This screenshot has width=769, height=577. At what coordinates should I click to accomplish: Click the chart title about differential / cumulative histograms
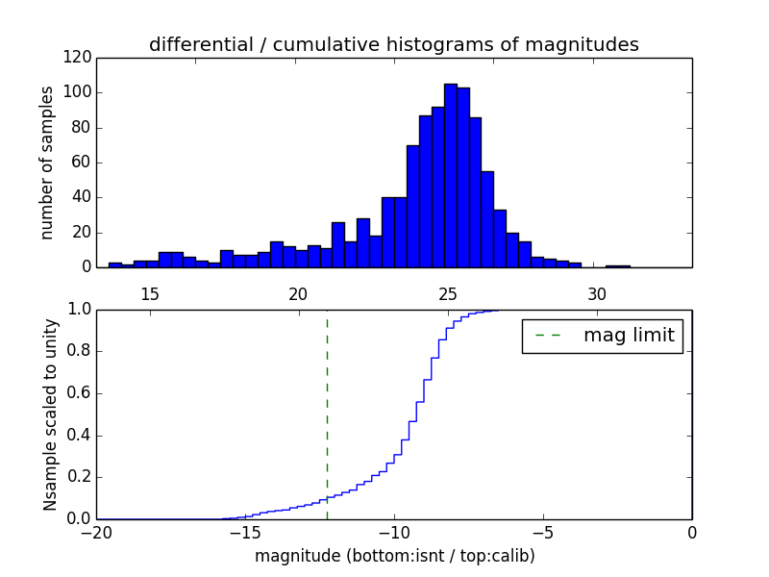click(393, 45)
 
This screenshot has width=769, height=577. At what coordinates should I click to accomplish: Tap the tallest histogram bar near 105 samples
click(450, 175)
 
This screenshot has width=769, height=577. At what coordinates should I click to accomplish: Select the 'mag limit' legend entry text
click(629, 336)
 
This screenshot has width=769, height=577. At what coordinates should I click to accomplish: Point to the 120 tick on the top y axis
click(80, 58)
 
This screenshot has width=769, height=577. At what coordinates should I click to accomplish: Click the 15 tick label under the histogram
click(150, 292)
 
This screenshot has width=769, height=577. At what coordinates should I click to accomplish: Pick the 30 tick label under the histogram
click(597, 292)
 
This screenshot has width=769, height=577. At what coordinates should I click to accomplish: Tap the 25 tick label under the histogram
click(448, 292)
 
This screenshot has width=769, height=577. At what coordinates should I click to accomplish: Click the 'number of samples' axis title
click(47, 163)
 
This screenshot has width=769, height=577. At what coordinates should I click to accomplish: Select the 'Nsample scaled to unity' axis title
click(49, 414)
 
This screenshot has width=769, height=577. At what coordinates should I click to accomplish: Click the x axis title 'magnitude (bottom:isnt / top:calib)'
click(394, 556)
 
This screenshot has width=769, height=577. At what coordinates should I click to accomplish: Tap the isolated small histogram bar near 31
click(618, 265)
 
